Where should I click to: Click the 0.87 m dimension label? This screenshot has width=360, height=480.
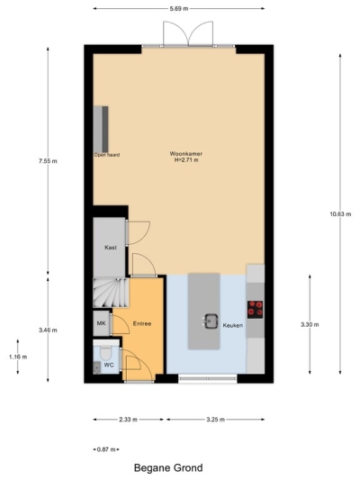pos(106,448)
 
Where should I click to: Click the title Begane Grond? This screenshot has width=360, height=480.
pos(168,468)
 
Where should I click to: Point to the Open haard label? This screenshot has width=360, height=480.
pos(107,155)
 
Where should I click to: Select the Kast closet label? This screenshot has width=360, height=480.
pos(110,247)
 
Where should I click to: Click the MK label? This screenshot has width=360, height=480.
pos(102,324)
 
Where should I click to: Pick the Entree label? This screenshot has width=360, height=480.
pos(142,323)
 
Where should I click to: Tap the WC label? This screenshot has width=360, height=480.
pos(108,365)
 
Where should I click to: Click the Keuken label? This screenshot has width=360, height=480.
pos(233,323)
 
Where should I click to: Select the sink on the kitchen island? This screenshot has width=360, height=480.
pos(211,319)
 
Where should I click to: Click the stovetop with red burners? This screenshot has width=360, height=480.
pos(256,309)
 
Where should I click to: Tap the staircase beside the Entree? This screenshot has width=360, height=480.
pos(110,292)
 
